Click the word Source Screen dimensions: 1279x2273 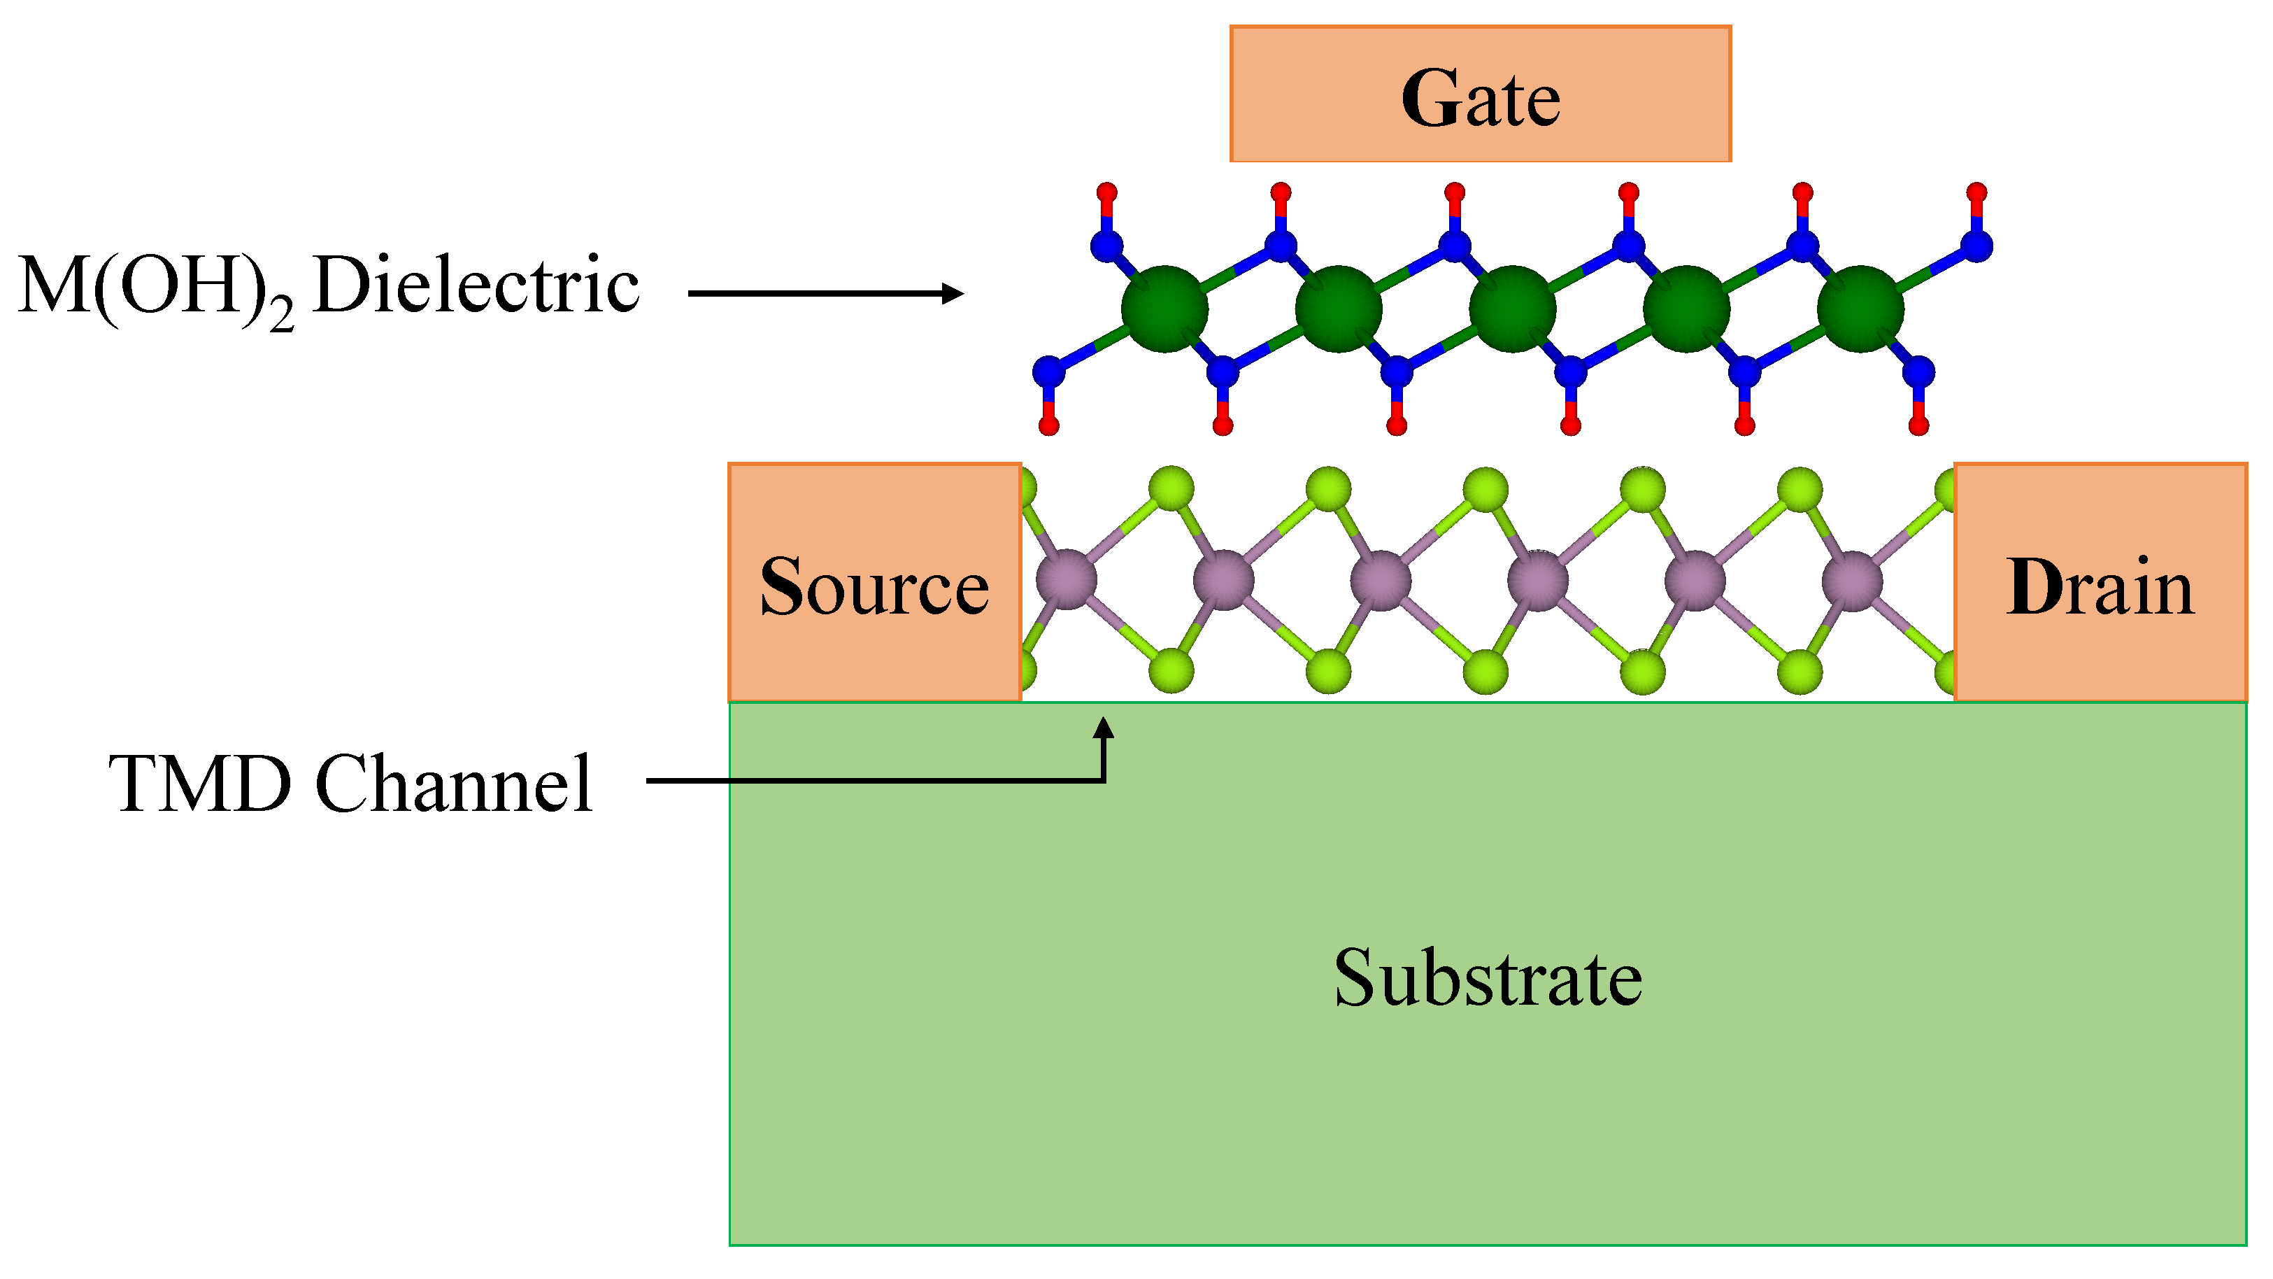(874, 587)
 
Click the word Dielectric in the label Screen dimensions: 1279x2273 (476, 285)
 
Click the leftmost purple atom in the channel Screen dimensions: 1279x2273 (1067, 580)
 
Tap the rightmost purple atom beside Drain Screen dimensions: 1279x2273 (1852, 580)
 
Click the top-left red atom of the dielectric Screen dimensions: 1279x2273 (1106, 192)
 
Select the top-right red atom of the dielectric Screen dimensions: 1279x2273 (1977, 192)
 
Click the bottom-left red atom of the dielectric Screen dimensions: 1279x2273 (1048, 426)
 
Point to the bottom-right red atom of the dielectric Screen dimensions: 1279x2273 (1918, 426)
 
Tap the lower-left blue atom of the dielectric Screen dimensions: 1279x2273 (1048, 372)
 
